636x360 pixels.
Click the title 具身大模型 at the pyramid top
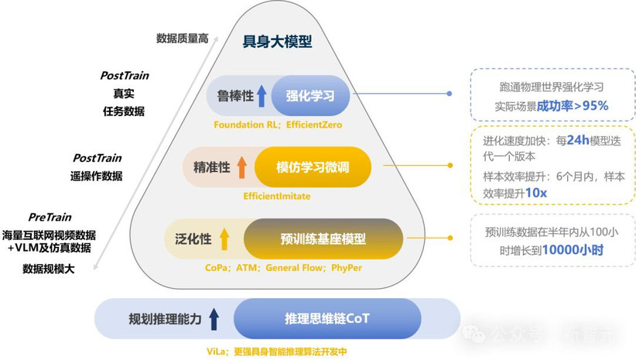tap(278, 42)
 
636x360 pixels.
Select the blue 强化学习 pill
tap(309, 97)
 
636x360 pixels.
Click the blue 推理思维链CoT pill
tap(327, 318)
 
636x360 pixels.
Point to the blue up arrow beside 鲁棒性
tap(262, 97)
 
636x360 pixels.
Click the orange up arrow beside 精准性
tap(242, 166)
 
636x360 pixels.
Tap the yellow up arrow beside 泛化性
tap(224, 238)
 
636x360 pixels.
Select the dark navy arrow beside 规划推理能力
tap(214, 318)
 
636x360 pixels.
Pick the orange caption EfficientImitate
tap(276, 196)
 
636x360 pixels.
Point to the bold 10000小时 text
tap(573, 249)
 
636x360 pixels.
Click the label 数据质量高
tap(183, 38)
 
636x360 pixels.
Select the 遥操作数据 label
tap(96, 175)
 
